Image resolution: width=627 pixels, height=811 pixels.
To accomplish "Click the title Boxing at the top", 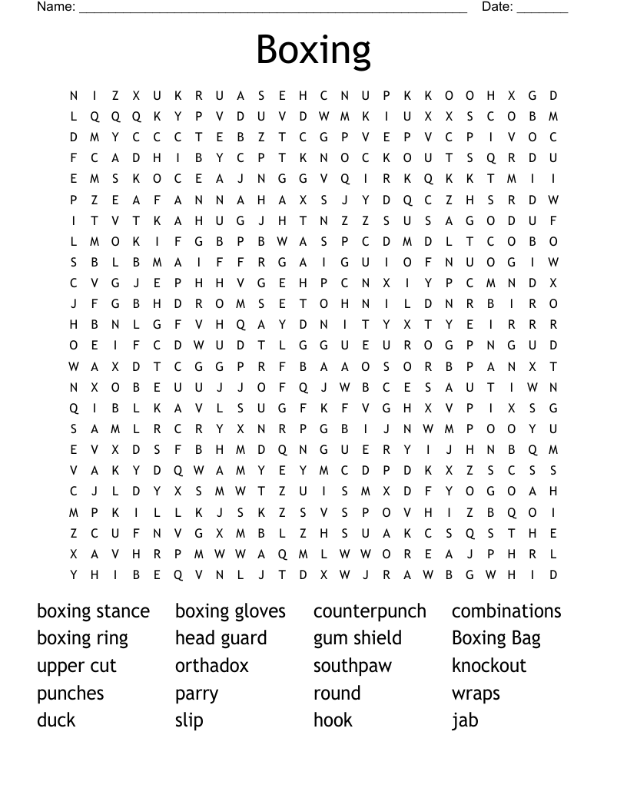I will click(x=313, y=49).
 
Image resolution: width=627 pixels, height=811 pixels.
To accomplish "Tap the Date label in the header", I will click(x=497, y=7).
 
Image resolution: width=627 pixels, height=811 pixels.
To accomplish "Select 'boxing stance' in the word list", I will click(x=93, y=611).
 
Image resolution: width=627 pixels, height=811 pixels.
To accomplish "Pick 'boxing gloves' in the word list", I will click(x=231, y=611).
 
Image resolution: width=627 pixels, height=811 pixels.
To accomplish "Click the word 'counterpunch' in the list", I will click(x=370, y=611).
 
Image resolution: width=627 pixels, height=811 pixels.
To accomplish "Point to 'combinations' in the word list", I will click(x=506, y=611).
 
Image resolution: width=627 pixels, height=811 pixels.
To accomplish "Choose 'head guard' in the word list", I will click(x=221, y=638).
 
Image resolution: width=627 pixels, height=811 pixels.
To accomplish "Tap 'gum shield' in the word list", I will click(x=357, y=638).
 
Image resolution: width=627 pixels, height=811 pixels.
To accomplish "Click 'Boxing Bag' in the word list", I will click(x=496, y=638).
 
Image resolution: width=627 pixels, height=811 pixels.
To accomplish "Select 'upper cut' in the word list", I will click(x=77, y=666).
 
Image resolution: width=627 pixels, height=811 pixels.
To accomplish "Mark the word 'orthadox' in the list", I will click(x=212, y=665).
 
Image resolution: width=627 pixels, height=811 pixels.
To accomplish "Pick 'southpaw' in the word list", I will click(x=353, y=666).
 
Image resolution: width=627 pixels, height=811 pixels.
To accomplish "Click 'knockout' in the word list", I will click(x=489, y=665).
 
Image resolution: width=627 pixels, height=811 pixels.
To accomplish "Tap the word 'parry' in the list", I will click(x=197, y=694).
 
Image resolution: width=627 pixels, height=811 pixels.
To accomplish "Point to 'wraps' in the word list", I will click(x=476, y=694).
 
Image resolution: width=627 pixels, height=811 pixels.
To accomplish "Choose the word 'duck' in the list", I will click(x=56, y=720).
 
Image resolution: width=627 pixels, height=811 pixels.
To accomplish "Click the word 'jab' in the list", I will click(x=465, y=720).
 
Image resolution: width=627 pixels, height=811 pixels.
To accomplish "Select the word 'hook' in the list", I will click(x=333, y=720).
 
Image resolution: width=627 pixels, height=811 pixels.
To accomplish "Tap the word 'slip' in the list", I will click(x=189, y=720).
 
